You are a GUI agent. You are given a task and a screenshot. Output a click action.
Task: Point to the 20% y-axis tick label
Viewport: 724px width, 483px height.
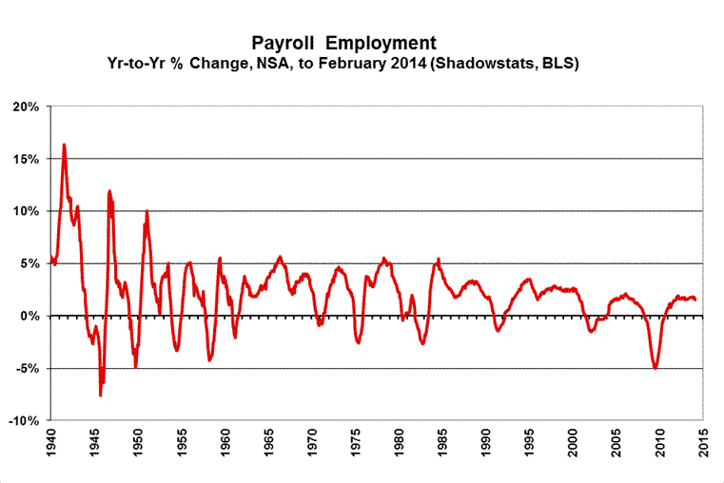coord(26,106)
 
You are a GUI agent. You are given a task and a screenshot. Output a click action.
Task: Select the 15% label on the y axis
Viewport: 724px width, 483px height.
coord(26,159)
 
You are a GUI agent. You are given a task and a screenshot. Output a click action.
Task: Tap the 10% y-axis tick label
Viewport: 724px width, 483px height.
coord(26,211)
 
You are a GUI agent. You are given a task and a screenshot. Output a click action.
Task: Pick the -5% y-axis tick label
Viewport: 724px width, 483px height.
coord(28,368)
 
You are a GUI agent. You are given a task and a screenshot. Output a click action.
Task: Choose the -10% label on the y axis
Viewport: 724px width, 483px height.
coord(24,420)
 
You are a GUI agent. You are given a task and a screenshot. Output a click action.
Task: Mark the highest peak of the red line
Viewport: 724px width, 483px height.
coord(64,145)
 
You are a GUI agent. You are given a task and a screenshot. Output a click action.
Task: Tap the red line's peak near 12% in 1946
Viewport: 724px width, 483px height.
coord(109,191)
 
